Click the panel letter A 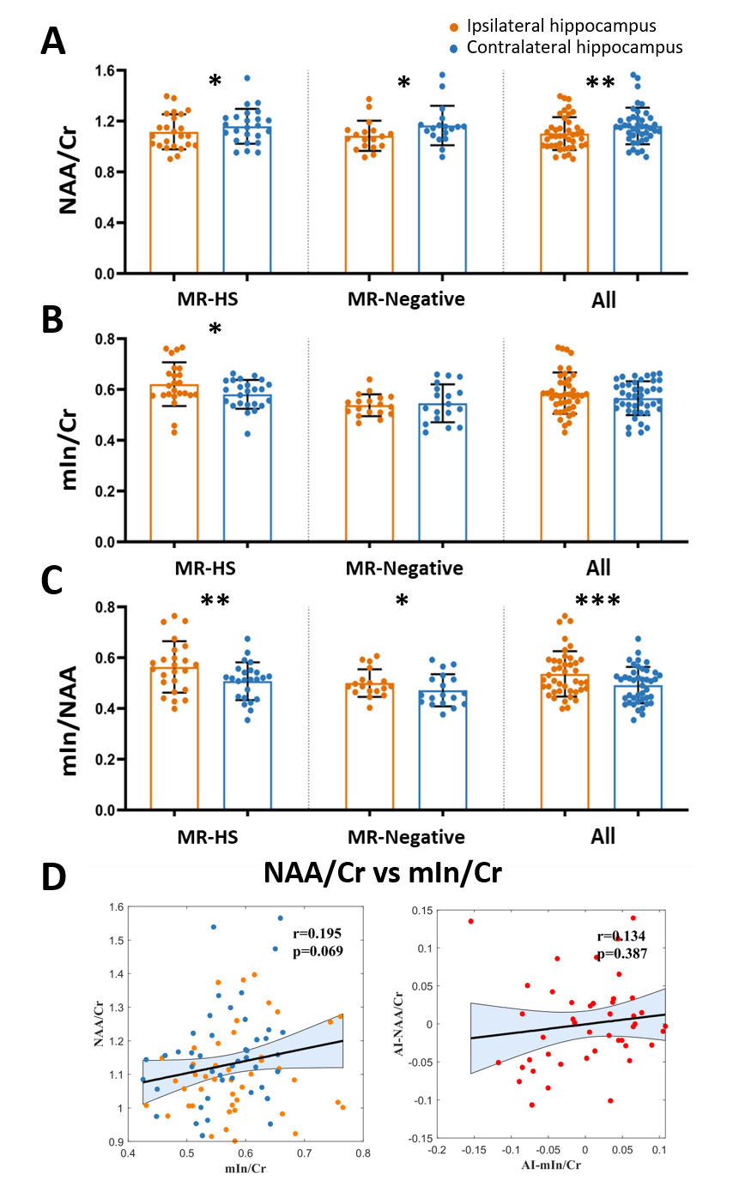[x=53, y=40]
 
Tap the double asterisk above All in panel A [x=600, y=83]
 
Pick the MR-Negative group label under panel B [x=404, y=568]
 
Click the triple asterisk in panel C [x=599, y=602]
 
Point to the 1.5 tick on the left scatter [x=116, y=940]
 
